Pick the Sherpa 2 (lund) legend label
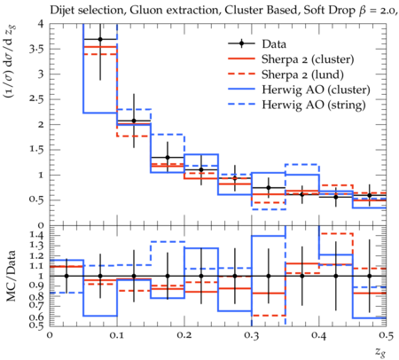pos(302,74)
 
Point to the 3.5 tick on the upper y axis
pos(36,50)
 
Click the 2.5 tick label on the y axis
pos(36,99)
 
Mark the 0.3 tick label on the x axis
pos(252,335)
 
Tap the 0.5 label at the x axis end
pos(387,335)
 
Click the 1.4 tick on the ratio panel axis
pos(37,236)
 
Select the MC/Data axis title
pos(12,276)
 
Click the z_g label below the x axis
pos(380,351)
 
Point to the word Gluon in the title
pos(145,11)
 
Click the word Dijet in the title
pos(61,11)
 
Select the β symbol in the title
pos(362,11)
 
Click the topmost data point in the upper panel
pos(100,39)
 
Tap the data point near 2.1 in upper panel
pos(134,121)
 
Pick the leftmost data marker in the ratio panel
pos(66,276)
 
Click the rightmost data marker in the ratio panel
pos(370,276)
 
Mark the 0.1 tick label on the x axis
pos(117,335)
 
